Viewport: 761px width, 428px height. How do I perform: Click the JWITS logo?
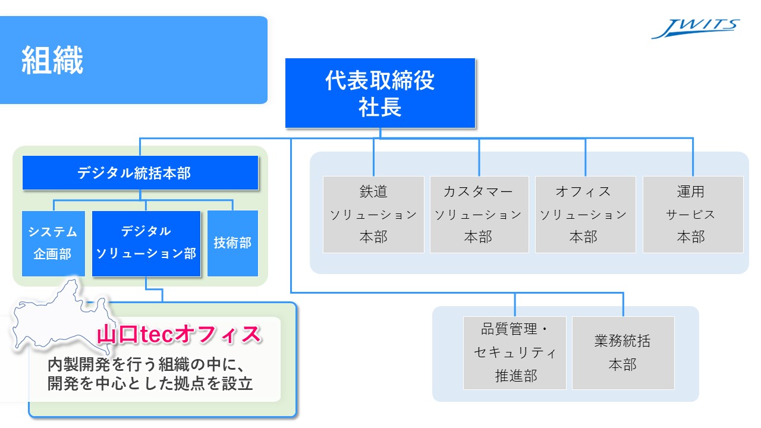[x=695, y=28]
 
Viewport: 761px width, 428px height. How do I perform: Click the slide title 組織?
[x=52, y=60]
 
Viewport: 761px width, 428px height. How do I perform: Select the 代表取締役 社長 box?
[x=380, y=93]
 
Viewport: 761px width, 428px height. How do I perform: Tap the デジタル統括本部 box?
[x=140, y=173]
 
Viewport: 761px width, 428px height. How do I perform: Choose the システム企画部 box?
[x=53, y=243]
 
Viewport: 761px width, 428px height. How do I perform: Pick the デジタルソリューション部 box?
[x=146, y=243]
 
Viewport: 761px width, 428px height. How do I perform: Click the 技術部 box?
[x=232, y=243]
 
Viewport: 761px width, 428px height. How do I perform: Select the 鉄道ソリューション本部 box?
[x=373, y=214]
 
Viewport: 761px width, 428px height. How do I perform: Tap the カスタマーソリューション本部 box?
[x=479, y=214]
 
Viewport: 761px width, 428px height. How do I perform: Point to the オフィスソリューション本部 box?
[x=585, y=214]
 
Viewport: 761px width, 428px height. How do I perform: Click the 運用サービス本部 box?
[x=693, y=214]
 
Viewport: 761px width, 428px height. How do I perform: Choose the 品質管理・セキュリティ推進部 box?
[x=515, y=353]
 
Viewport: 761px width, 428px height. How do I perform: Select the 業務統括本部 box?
[x=623, y=353]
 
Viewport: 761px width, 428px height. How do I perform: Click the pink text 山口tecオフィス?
[x=179, y=335]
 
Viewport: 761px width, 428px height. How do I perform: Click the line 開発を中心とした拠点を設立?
[x=150, y=384]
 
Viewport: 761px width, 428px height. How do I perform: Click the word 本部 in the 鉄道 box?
[x=373, y=237]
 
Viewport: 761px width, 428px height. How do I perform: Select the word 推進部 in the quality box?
[x=515, y=376]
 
